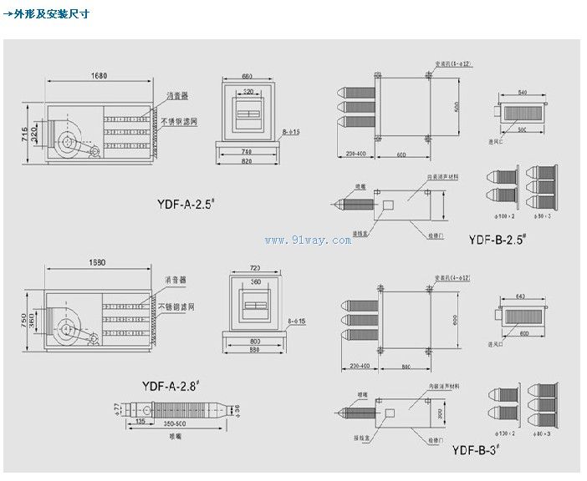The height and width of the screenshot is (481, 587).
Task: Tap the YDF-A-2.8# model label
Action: pyautogui.click(x=178, y=385)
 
